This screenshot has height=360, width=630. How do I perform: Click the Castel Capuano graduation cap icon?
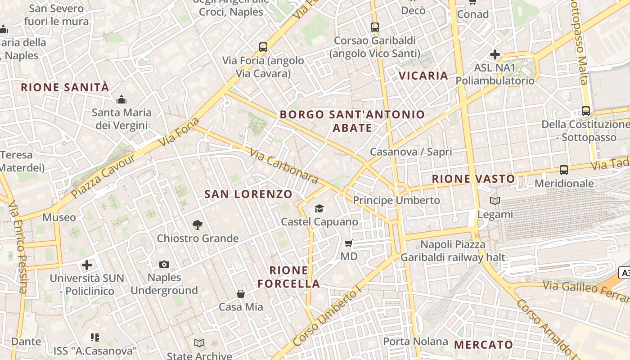point(319,208)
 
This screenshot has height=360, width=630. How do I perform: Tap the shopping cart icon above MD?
point(348,243)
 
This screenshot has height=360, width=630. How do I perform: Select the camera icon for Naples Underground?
point(164,264)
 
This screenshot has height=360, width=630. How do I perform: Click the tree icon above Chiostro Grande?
point(197,225)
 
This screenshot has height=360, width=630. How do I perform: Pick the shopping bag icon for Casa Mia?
point(241,294)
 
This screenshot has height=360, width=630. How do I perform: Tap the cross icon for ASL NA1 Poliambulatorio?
point(495,54)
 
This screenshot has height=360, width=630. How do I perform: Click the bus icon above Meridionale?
point(564,170)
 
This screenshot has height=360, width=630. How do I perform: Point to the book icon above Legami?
point(495,201)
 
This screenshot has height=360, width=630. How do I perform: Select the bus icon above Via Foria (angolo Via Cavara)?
point(263,47)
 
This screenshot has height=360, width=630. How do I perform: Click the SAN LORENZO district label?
point(248,194)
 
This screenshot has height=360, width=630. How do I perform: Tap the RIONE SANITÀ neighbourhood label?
point(65,87)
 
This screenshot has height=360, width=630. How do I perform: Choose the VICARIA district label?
point(423,76)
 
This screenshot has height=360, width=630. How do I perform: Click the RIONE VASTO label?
point(473,179)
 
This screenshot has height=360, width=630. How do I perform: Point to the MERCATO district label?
point(483,345)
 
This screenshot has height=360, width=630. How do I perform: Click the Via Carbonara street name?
point(284,166)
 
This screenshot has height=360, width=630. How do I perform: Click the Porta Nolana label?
point(415,342)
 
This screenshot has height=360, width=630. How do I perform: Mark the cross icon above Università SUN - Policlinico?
point(87,265)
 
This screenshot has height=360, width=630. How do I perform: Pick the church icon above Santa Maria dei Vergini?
point(121,99)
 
